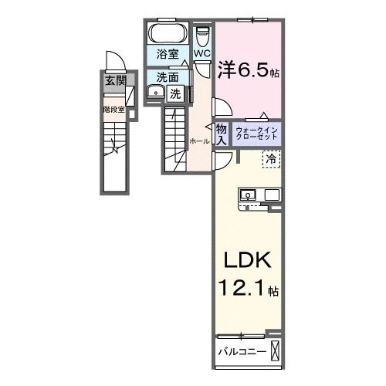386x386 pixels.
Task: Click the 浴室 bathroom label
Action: (167, 54)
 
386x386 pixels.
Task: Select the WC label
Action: (201, 53)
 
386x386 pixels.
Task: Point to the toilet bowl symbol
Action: (203, 37)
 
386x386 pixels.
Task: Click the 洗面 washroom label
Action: (168, 77)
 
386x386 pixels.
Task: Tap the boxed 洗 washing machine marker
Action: (176, 94)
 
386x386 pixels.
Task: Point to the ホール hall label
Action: (197, 141)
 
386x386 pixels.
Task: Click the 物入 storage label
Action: (221, 134)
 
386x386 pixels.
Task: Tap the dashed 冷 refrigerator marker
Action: (272, 158)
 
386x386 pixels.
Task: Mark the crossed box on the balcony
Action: (276, 352)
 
